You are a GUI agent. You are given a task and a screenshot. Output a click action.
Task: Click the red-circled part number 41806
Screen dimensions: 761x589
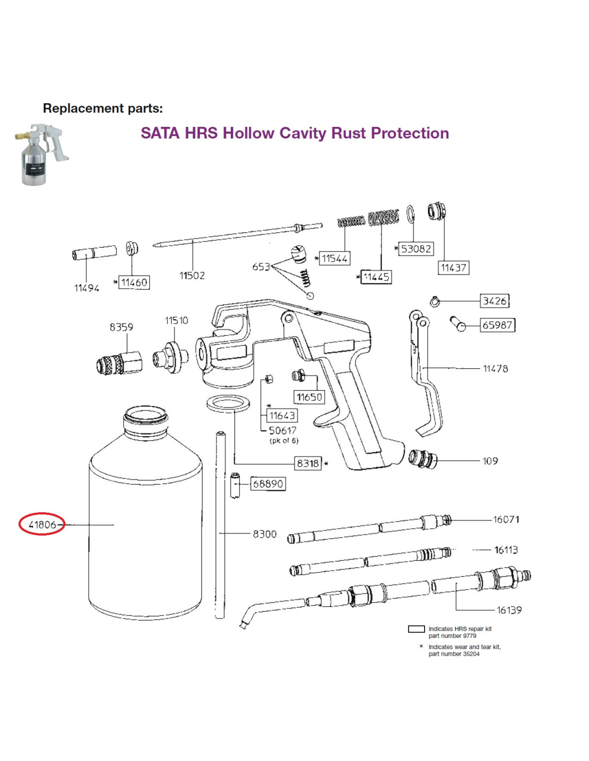point(42,524)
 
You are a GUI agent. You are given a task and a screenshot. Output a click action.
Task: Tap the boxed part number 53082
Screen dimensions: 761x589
point(416,249)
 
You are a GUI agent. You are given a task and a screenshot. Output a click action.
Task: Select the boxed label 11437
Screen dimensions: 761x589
point(454,268)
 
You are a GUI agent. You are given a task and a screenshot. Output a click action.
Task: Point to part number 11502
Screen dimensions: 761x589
point(192,276)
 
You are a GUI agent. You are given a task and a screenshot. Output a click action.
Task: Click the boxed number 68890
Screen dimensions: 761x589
point(268,484)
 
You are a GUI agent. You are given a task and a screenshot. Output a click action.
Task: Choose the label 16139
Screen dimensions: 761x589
point(509,610)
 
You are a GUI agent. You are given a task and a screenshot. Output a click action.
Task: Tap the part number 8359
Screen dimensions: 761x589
point(121,327)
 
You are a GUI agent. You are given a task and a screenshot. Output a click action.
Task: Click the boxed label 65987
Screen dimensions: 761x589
point(497,325)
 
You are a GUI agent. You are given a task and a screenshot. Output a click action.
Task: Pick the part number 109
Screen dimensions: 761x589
point(490,461)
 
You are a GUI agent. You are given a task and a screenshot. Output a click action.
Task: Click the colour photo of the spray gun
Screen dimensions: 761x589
point(41,154)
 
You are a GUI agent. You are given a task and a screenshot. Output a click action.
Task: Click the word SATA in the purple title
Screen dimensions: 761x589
point(160,133)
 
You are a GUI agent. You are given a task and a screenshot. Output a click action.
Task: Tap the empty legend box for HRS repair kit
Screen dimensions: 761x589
point(416,629)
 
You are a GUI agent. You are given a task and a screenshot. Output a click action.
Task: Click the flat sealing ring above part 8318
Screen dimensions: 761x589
point(229,404)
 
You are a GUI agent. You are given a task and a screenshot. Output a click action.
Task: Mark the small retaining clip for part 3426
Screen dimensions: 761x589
point(435,302)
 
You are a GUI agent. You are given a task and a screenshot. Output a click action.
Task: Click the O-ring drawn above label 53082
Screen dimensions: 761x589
point(411,215)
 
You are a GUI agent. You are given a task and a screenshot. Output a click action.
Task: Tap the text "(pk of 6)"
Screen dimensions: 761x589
point(284,441)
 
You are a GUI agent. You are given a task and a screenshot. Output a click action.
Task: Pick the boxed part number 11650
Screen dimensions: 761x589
point(309,397)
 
